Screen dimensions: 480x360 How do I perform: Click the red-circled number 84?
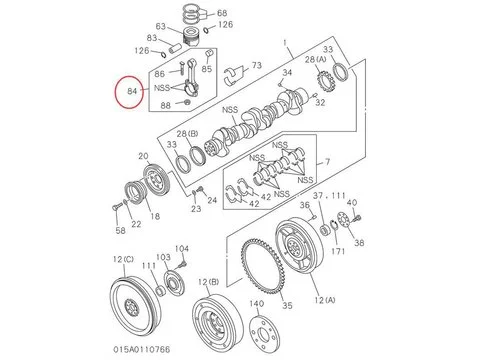(x=132, y=91)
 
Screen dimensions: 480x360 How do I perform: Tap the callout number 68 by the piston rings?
(x=222, y=13)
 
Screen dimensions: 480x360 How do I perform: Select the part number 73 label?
(x=257, y=65)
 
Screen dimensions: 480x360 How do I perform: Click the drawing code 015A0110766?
(x=142, y=349)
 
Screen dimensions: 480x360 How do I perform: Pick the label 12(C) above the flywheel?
(x=123, y=259)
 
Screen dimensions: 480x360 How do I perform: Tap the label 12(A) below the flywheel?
(x=324, y=300)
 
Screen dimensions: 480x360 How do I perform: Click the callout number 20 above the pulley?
(x=143, y=156)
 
